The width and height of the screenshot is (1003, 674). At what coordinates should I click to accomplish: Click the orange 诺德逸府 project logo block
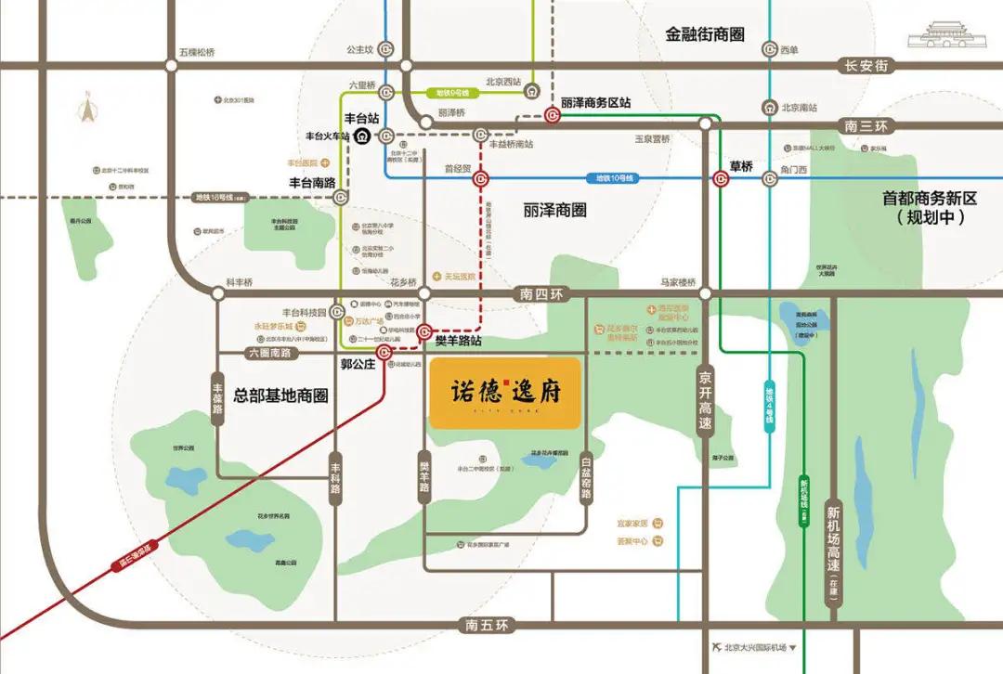[505, 393]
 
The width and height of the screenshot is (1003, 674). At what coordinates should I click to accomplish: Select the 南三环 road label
[865, 125]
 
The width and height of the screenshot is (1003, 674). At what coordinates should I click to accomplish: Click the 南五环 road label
[486, 625]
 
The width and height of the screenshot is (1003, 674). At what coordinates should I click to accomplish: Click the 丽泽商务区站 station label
[595, 103]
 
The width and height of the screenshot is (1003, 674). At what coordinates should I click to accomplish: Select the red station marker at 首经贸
[480, 179]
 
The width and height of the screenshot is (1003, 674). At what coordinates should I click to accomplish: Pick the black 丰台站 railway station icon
[362, 136]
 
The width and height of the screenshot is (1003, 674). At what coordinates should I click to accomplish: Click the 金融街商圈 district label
[705, 34]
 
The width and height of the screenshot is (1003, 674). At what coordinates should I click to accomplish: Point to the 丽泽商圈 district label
[554, 211]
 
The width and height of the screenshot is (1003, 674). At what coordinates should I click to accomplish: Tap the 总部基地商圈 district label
[269, 395]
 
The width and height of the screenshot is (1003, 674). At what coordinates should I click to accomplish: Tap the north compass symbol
[89, 110]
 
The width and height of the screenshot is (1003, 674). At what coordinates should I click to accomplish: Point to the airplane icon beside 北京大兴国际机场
[713, 647]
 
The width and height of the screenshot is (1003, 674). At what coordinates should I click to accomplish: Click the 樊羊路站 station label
[458, 341]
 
